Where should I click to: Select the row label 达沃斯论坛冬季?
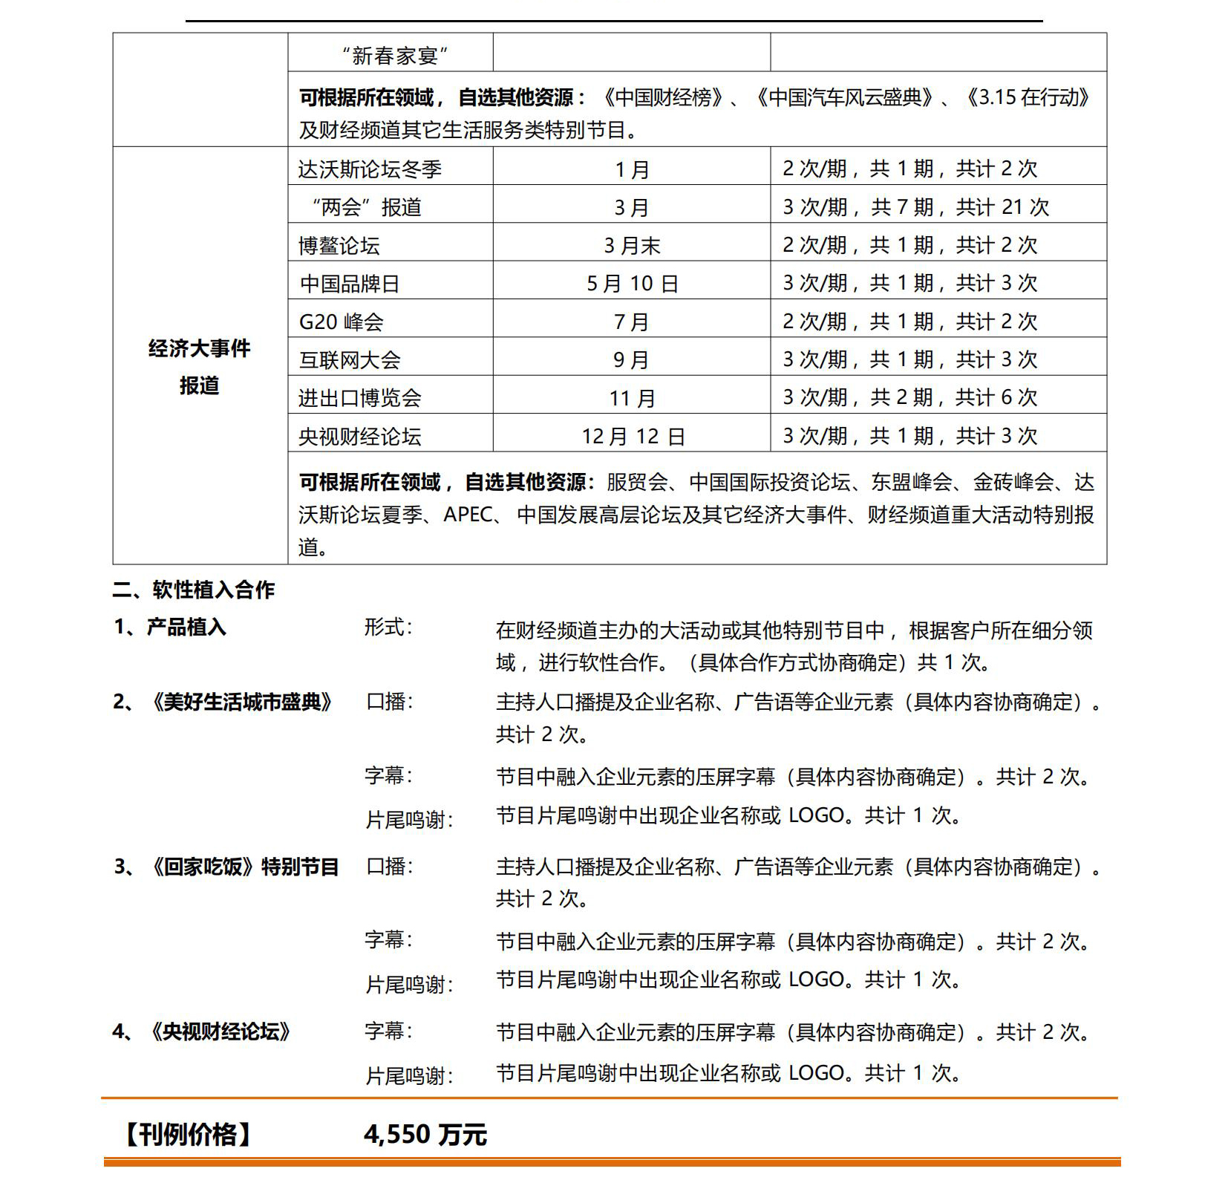tap(370, 169)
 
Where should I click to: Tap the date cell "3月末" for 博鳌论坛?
tap(631, 246)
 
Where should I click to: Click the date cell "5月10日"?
tap(632, 284)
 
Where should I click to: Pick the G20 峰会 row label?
tap(341, 322)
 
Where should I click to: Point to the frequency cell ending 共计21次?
tap(915, 207)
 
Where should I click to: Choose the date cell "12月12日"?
tap(633, 437)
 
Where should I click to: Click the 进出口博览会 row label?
tap(359, 399)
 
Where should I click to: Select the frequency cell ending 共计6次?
tap(909, 398)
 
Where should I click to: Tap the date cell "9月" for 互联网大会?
tap(631, 360)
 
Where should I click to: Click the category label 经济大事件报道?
tap(199, 367)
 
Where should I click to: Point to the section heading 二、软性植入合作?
tap(194, 590)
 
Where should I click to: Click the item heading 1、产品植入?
tap(169, 628)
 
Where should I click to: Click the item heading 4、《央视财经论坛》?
tap(202, 1031)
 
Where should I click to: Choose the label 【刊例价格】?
tap(187, 1135)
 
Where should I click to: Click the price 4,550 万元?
tap(425, 1135)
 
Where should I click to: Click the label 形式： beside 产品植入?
tap(388, 628)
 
